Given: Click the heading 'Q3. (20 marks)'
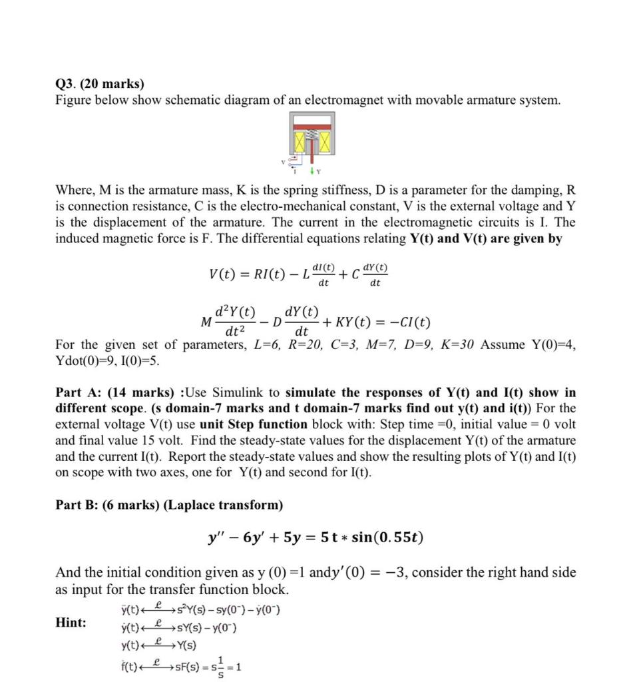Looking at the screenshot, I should click(x=99, y=84).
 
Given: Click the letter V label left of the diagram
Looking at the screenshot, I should click(x=282, y=160).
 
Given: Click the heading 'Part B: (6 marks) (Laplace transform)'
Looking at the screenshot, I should click(x=170, y=505).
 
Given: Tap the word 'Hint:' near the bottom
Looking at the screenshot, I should click(x=71, y=622).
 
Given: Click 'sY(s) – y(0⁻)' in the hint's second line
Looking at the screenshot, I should click(x=206, y=628).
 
